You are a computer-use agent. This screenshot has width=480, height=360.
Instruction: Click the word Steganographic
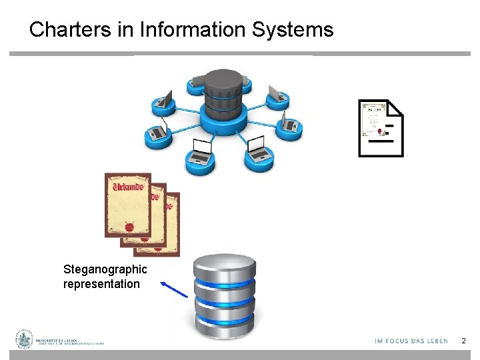[x=105, y=269]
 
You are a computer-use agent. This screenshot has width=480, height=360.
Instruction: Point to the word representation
[x=101, y=284]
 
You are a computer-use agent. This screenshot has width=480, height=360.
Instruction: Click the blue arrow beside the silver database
[x=174, y=291]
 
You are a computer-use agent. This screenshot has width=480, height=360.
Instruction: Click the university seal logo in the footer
[x=25, y=339]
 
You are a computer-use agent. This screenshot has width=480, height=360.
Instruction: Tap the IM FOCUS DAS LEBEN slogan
[x=411, y=341]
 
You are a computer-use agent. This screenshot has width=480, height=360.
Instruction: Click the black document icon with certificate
[x=381, y=128]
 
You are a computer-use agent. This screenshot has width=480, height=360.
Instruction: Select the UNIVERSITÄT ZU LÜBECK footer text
[x=57, y=339]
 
